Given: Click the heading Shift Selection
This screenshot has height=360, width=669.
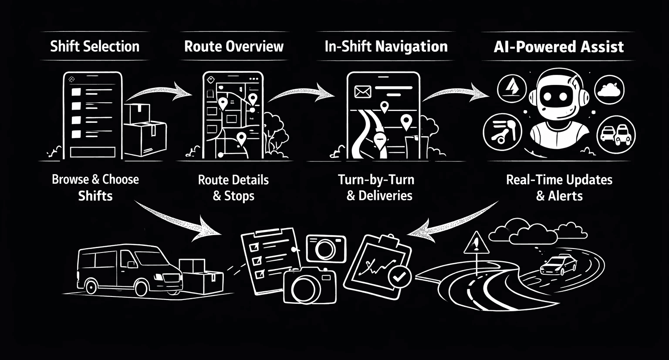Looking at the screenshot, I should (95, 46).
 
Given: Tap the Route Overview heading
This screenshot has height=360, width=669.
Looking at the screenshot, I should (233, 46).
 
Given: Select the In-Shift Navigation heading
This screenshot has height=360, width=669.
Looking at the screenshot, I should (386, 47).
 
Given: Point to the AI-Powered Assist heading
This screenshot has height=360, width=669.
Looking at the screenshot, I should (559, 47).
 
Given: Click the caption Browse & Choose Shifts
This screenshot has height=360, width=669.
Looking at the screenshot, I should (95, 188).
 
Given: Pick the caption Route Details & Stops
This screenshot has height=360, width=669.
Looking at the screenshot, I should (233, 188).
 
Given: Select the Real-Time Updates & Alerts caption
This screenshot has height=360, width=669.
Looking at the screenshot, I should (559, 188).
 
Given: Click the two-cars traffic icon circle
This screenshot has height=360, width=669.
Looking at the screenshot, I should (615, 133).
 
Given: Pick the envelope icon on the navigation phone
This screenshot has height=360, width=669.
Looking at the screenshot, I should (362, 91).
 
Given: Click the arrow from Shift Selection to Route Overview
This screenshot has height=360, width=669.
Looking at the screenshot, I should (159, 90).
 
